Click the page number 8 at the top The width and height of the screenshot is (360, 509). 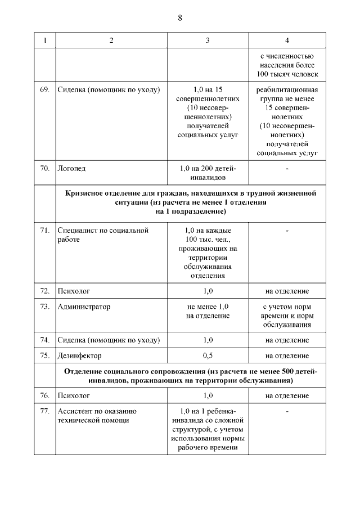(x=180, y=17)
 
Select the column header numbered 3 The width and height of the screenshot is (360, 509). (x=208, y=40)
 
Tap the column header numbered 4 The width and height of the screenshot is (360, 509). (x=287, y=40)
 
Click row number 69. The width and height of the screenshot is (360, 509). (x=45, y=90)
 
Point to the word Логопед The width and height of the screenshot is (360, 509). (x=71, y=168)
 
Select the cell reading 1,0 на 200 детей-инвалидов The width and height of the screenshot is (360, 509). (x=208, y=173)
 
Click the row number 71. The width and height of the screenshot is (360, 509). (x=45, y=231)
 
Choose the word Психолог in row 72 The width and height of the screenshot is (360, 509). (x=74, y=291)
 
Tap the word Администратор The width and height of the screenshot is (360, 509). (x=84, y=307)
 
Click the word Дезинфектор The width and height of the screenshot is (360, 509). (x=79, y=355)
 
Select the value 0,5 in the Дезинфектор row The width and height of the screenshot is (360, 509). (x=208, y=355)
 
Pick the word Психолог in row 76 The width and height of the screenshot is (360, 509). (x=74, y=396)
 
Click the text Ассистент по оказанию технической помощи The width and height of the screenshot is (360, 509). (x=97, y=416)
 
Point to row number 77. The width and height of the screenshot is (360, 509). (x=45, y=412)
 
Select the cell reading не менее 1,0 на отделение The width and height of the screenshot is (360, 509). (x=208, y=311)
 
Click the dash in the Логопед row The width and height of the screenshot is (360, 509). (x=287, y=168)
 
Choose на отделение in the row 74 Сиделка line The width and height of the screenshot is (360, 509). (x=287, y=340)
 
